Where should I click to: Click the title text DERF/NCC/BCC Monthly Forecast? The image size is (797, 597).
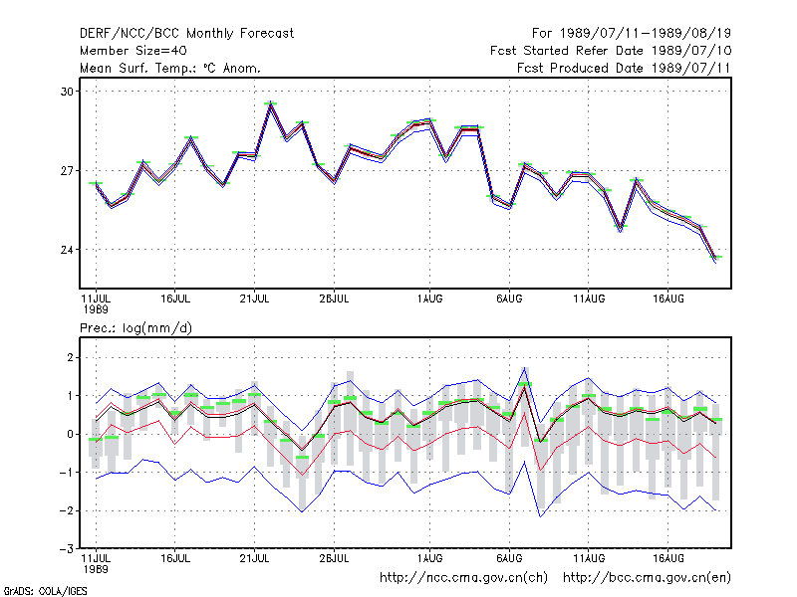[x=186, y=34]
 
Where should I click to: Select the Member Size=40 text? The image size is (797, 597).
[x=133, y=51]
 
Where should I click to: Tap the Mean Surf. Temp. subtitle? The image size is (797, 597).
[x=170, y=68]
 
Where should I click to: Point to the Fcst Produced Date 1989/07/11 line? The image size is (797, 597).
[x=624, y=68]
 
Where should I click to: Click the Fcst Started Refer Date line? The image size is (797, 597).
[x=611, y=51]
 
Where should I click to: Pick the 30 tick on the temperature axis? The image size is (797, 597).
[x=67, y=92]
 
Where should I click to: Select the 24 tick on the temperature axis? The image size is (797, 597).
[x=67, y=250]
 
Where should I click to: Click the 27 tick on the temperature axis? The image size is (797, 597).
[x=67, y=171]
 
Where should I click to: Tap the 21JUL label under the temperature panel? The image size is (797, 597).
[x=254, y=299]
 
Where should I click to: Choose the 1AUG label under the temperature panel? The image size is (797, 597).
[x=429, y=299]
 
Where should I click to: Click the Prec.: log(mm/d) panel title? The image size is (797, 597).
[x=135, y=328]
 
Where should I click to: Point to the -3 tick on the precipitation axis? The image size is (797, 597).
[x=67, y=549]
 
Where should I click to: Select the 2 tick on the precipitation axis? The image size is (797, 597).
[x=70, y=357]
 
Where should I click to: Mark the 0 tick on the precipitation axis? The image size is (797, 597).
[x=70, y=434]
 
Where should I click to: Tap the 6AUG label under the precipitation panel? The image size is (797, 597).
[x=509, y=558]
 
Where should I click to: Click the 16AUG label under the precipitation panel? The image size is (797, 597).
[x=667, y=558]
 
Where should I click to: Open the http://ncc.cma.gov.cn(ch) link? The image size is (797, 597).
[x=463, y=578]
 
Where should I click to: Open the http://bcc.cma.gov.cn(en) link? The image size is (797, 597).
[x=647, y=578]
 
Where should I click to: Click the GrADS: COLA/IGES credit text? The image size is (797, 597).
[x=45, y=591]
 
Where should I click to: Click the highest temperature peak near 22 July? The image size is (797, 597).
[x=270, y=103]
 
